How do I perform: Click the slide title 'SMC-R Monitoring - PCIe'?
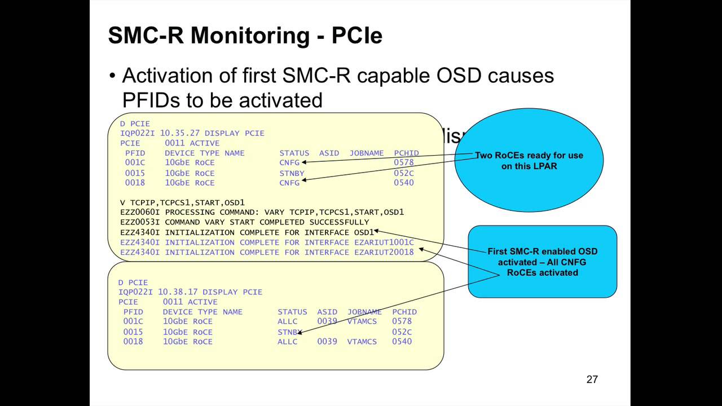[245, 36]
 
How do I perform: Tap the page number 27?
[592, 379]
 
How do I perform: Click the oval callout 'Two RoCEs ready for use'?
[529, 161]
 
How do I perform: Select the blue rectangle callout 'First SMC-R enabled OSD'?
[542, 262]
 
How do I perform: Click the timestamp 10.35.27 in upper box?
[180, 134]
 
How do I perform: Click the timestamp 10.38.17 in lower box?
[178, 292]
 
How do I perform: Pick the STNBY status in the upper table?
[292, 173]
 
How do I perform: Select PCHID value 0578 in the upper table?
[403, 163]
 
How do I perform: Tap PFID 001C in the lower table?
[133, 321]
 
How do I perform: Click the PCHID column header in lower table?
[404, 312]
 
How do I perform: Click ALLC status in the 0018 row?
[287, 342]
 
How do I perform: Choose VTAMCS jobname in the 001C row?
[362, 321]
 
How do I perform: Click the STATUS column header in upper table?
[294, 153]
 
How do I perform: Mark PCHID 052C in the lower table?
[402, 332]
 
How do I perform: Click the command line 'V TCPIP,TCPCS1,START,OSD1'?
[182, 202]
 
